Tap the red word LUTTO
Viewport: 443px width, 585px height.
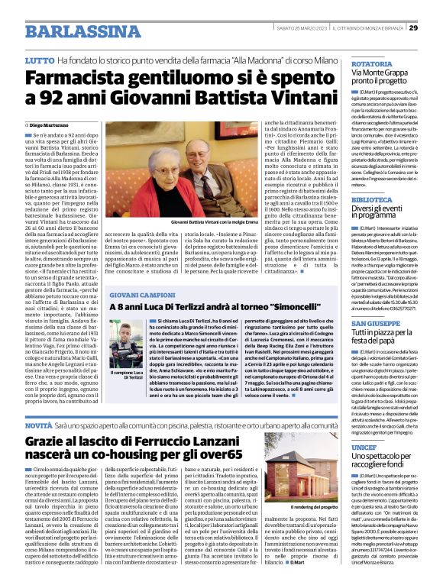39,59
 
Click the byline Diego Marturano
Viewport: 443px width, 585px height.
48,124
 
